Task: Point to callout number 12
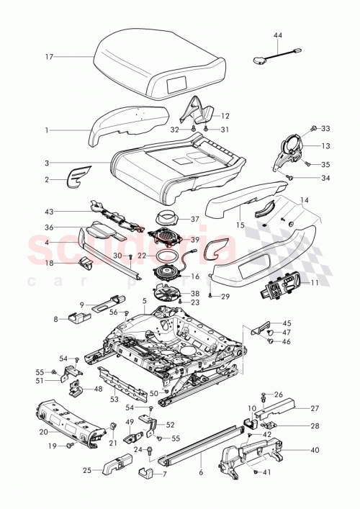pyautogui.click(x=225, y=115)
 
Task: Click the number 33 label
pyautogui.click(x=325, y=129)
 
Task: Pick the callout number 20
pyautogui.click(x=42, y=432)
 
